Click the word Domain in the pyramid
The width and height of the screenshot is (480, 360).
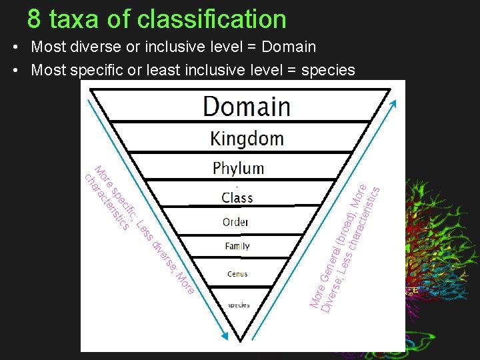[x=247, y=107]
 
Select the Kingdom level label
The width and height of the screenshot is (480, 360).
[x=247, y=139]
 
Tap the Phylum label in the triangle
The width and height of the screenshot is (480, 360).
[x=238, y=168]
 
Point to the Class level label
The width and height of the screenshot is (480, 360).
[x=237, y=197]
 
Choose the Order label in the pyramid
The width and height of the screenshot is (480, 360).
[x=236, y=222]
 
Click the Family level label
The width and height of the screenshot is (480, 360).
[x=237, y=246]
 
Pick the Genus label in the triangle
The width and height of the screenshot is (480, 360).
[x=237, y=274]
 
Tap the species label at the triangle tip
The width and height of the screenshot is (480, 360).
[x=239, y=305]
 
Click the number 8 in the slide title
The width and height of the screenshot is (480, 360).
[x=35, y=19]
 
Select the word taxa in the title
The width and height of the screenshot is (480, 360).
[x=74, y=19]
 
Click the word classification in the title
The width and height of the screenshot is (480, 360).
[x=211, y=19]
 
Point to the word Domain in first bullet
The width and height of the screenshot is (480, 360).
[x=288, y=47]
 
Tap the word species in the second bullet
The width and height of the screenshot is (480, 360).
[x=328, y=69]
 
